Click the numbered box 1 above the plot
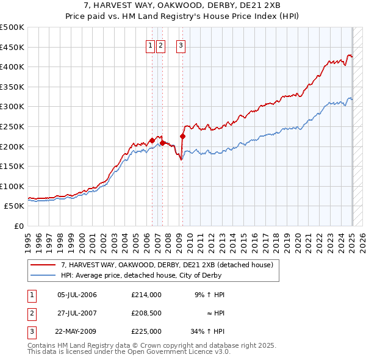pos(149,45)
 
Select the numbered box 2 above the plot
pos(160,45)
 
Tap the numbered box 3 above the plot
pos(181,45)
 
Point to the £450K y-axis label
pos(12,47)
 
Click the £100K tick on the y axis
pos(12,186)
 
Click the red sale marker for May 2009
pos(182,137)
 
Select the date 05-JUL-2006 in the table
pos(77,295)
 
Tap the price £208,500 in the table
pos(146,313)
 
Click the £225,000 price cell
pos(146,331)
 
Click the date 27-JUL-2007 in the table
pos(77,313)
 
